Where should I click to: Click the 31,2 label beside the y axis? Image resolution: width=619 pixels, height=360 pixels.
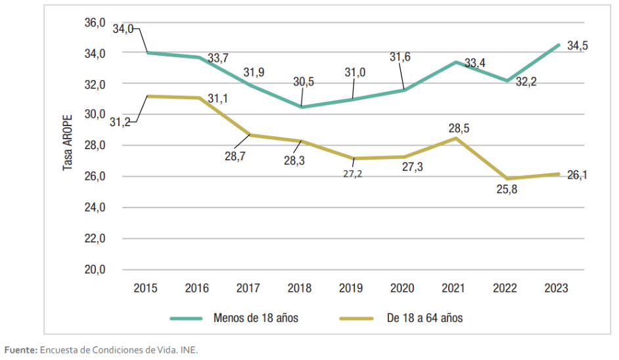[x=120, y=122]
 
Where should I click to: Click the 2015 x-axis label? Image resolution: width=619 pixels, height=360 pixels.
[x=145, y=288]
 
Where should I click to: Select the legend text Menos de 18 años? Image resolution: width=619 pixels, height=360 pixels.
[x=256, y=318]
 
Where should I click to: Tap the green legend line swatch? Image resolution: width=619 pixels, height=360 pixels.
[x=187, y=318]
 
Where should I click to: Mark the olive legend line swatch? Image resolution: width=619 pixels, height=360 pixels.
[x=355, y=318]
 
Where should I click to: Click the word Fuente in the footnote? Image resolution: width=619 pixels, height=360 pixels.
[x=20, y=349]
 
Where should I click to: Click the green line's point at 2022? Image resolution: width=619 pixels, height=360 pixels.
[x=506, y=81]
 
